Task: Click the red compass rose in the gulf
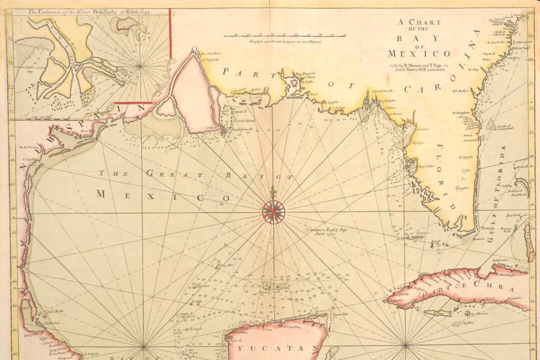pos(273,211)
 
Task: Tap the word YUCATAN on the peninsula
pos(277,348)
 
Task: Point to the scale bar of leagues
pos(285,36)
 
